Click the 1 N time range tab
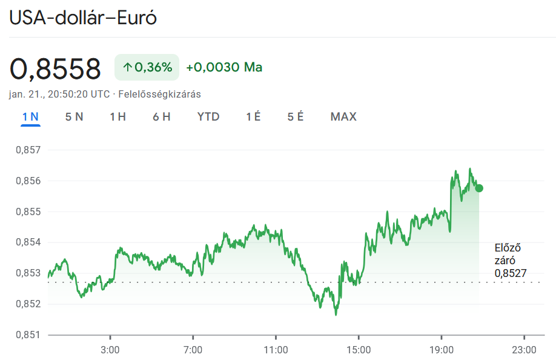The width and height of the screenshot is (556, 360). click(x=30, y=116)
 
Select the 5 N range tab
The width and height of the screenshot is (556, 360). click(x=74, y=116)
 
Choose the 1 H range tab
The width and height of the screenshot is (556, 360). click(x=117, y=116)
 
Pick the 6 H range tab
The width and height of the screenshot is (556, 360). click(x=161, y=116)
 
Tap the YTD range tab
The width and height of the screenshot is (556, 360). click(x=208, y=116)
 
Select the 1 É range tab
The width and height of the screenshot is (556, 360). click(x=253, y=116)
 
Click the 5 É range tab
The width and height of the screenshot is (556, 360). click(x=296, y=116)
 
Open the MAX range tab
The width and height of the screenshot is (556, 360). click(x=343, y=116)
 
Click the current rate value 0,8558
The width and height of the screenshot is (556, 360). click(x=55, y=69)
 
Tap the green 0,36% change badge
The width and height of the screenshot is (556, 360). click(x=147, y=67)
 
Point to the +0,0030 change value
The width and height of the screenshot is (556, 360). click(x=213, y=67)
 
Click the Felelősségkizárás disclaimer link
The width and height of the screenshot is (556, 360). click(x=159, y=95)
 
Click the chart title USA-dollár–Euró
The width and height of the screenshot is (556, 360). click(x=83, y=18)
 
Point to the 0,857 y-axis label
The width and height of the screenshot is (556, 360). click(x=26, y=150)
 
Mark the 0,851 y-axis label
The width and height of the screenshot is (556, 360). click(x=26, y=335)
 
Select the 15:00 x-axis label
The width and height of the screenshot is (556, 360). click(x=358, y=350)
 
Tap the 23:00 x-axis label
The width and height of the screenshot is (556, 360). click(x=524, y=350)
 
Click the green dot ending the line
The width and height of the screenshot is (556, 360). click(x=479, y=188)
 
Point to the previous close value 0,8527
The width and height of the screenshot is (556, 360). click(x=511, y=273)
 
